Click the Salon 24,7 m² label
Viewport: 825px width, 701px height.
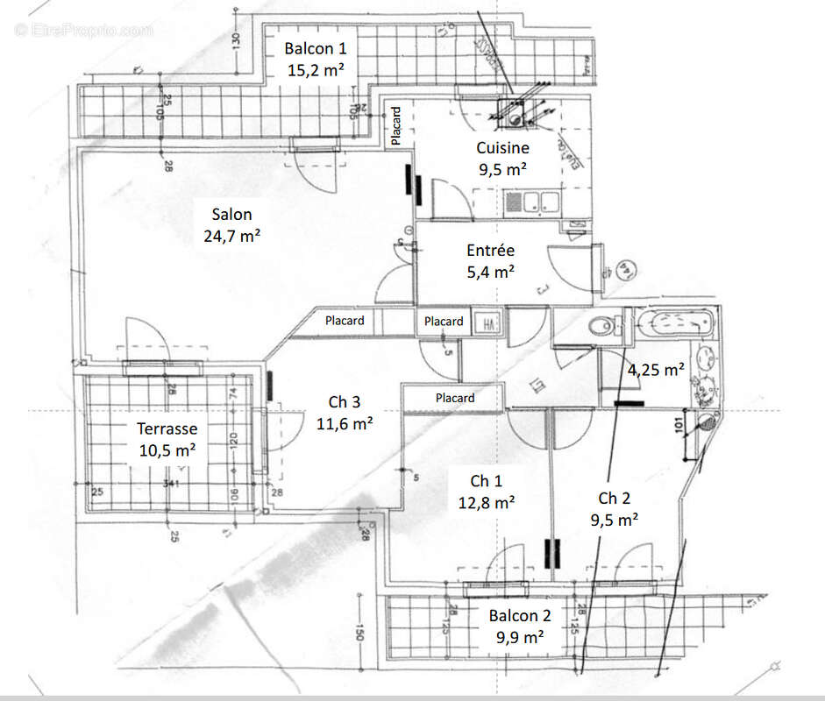click(x=231, y=224)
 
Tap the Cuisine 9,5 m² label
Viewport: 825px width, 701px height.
click(x=502, y=159)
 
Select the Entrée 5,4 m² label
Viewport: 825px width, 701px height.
click(x=490, y=261)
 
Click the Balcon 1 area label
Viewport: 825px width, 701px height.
click(x=309, y=60)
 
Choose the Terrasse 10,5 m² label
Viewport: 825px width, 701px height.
click(x=167, y=439)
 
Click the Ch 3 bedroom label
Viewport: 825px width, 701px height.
click(x=345, y=412)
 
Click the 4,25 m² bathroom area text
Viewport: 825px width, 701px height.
click(x=655, y=370)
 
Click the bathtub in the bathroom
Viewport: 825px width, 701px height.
click(x=675, y=324)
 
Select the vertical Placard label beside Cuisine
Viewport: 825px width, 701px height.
click(x=396, y=125)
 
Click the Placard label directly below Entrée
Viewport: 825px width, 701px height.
click(x=444, y=322)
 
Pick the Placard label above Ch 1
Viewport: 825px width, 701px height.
click(x=455, y=398)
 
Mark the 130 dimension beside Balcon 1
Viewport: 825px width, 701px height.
click(x=236, y=40)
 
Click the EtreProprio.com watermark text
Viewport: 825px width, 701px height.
click(x=84, y=30)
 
